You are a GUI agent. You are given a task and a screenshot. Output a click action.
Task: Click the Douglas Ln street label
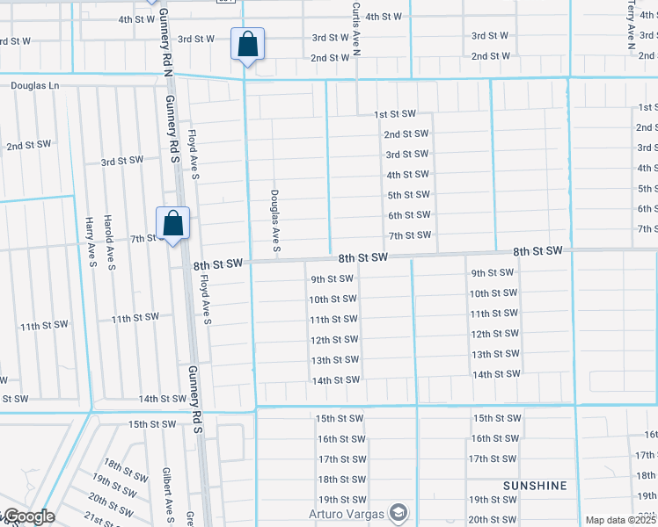[x=34, y=86]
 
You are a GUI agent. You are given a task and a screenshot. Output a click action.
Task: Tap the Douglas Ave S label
[x=275, y=221]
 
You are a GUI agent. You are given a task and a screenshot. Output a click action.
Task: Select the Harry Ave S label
[x=90, y=238]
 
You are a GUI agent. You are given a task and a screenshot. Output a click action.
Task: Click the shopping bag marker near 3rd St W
[x=248, y=43]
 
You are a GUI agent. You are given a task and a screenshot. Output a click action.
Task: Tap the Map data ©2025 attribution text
[x=620, y=520]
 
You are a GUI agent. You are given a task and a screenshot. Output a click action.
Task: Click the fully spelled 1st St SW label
[x=394, y=114]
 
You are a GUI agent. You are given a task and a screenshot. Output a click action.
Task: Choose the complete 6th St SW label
[x=409, y=215]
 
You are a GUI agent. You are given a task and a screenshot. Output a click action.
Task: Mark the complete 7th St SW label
[x=410, y=235]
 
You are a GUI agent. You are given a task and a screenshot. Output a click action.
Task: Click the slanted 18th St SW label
[x=123, y=470]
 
